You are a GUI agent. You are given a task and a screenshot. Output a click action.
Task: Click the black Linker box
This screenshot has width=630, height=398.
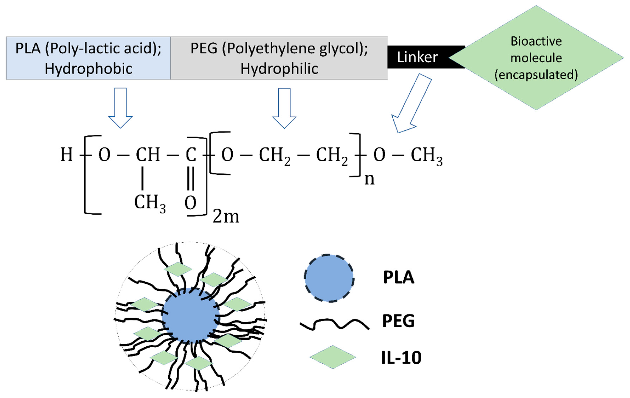(418, 57)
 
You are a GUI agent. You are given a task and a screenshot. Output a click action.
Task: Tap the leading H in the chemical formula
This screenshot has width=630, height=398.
(67, 155)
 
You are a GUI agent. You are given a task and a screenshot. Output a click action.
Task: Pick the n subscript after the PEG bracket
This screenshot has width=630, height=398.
(369, 179)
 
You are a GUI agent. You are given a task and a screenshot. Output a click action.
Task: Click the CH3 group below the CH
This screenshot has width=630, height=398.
(150, 203)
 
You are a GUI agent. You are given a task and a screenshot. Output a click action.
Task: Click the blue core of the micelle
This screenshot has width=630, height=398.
(190, 315)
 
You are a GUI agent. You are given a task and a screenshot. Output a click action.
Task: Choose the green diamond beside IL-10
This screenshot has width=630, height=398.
(333, 357)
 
